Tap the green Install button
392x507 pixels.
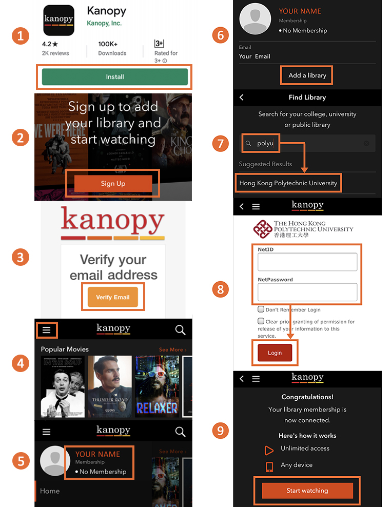(115, 77)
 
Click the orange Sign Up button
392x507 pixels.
(113, 183)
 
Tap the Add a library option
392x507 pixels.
(307, 75)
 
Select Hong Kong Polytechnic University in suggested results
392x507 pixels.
(288, 183)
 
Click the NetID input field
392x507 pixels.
(307, 262)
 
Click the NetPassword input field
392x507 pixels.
(307, 292)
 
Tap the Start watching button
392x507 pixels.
(307, 491)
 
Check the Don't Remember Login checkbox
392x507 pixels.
(261, 310)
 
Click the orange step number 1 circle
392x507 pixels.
(20, 36)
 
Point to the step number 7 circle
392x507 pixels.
(220, 144)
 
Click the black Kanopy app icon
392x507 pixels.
(58, 20)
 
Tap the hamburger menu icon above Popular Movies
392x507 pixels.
(47, 330)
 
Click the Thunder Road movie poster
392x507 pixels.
(109, 386)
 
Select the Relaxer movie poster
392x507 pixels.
(157, 386)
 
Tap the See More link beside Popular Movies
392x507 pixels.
(172, 349)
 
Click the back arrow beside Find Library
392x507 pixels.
(242, 98)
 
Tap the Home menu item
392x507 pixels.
(50, 491)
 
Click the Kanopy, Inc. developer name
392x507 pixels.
(104, 23)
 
